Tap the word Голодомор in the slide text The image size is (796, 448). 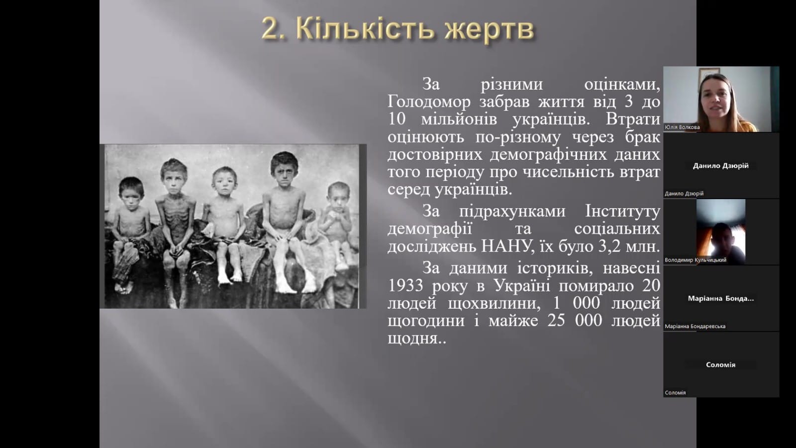(x=429, y=103)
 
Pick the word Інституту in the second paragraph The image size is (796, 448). (x=622, y=212)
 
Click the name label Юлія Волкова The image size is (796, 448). (x=682, y=127)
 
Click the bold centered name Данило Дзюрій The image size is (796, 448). (x=721, y=166)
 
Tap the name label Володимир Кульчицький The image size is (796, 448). (x=696, y=260)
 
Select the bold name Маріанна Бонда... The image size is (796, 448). (x=721, y=298)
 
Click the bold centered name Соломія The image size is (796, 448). (x=721, y=365)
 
